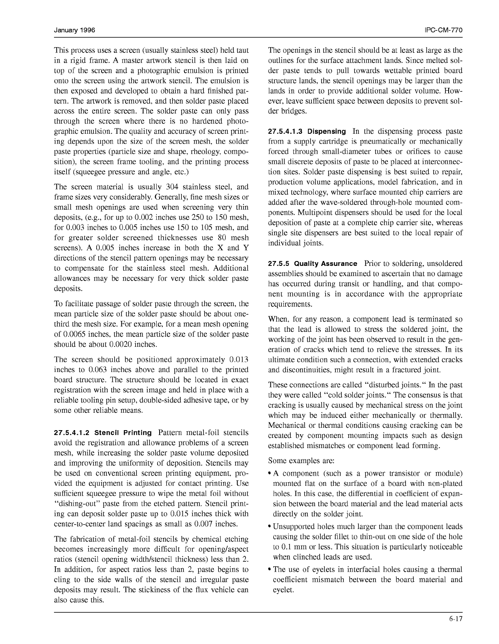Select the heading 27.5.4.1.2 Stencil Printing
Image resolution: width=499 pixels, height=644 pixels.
click(103, 433)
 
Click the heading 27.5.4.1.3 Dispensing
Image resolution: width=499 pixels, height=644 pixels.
click(307, 132)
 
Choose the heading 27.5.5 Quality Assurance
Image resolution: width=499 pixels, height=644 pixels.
click(313, 264)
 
